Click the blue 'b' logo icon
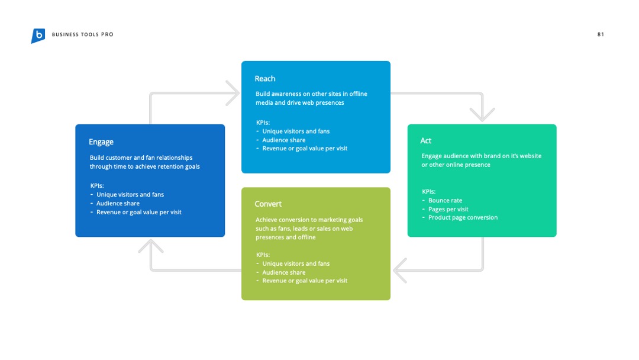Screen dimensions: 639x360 click(x=38, y=36)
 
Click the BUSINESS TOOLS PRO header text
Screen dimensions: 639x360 click(x=83, y=35)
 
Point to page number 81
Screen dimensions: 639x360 click(x=601, y=35)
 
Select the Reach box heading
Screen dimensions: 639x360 click(x=265, y=79)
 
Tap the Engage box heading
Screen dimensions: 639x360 click(x=101, y=142)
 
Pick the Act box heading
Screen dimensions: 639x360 click(x=426, y=141)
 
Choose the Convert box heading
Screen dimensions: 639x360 click(x=268, y=204)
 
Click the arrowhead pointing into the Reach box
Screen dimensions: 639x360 click(x=233, y=93)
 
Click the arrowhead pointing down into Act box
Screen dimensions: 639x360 click(x=482, y=115)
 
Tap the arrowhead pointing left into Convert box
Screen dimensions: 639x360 click(x=400, y=271)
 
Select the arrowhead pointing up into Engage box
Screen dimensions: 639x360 click(x=151, y=246)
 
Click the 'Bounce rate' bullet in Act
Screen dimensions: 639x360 click(x=445, y=201)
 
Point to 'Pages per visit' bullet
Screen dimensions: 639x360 click(x=448, y=209)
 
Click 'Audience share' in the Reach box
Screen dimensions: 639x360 click(x=283, y=140)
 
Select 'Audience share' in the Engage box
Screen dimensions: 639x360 click(x=118, y=204)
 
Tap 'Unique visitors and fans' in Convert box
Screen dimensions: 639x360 click(x=296, y=263)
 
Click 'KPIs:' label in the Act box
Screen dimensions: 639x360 click(x=429, y=192)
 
